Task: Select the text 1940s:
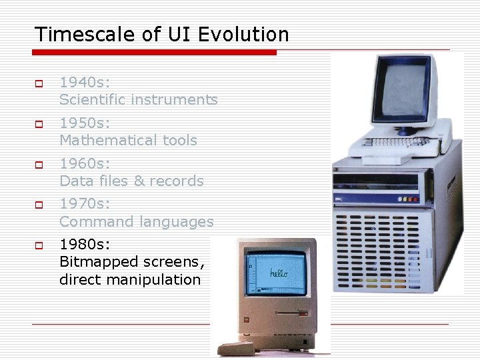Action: (x=85, y=82)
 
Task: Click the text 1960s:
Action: (x=85, y=163)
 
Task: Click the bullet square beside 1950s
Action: (x=39, y=124)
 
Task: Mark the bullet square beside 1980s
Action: (x=39, y=245)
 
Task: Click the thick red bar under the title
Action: (x=154, y=52)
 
